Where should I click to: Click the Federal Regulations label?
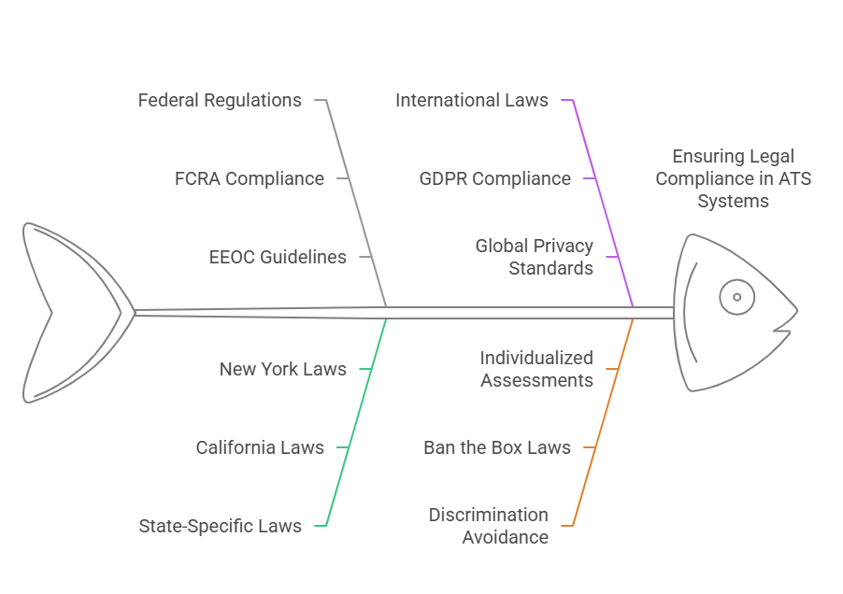tap(220, 100)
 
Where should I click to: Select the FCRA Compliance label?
tap(250, 178)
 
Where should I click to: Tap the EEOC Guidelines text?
tap(278, 257)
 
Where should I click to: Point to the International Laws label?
tap(472, 100)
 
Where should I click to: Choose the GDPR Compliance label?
tap(494, 178)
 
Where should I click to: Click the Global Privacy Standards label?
tap(534, 257)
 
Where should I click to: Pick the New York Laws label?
tap(282, 369)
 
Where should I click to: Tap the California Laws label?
tap(260, 447)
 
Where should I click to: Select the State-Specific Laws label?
tap(220, 526)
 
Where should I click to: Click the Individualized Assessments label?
tap(536, 369)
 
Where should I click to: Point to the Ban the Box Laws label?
tap(496, 447)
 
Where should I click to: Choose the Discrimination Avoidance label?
tap(489, 526)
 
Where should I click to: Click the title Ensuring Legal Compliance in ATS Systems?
tap(734, 178)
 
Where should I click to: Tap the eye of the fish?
tap(736, 297)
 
